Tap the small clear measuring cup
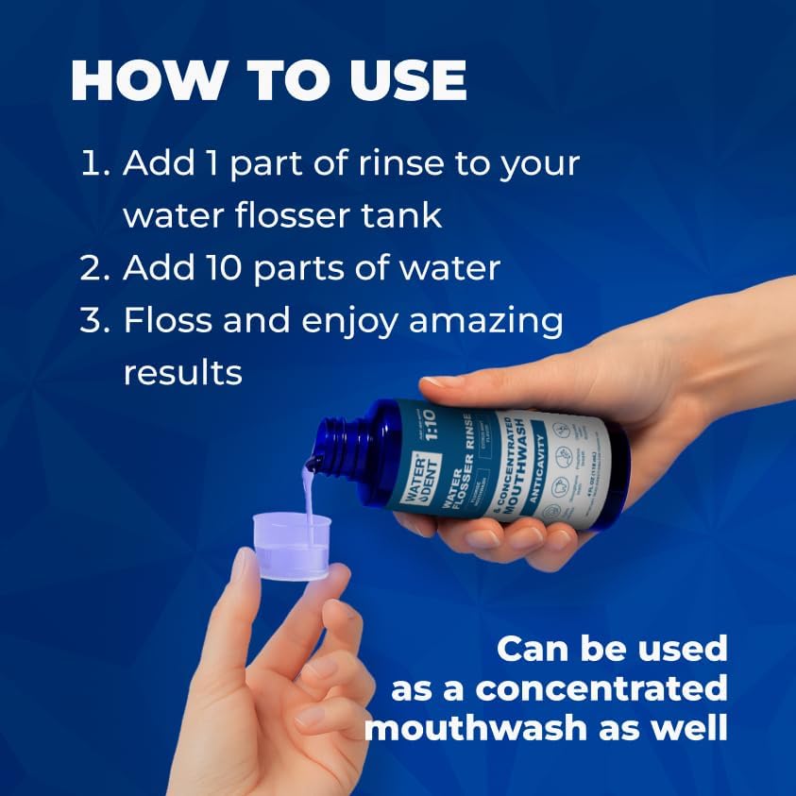292,545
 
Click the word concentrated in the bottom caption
601,688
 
